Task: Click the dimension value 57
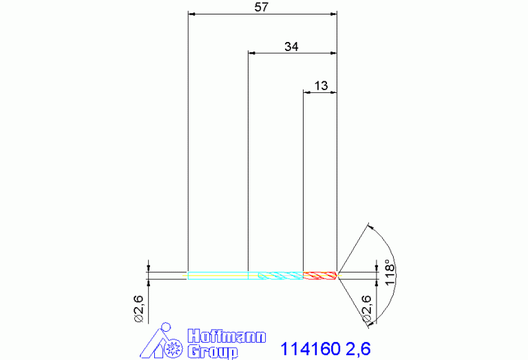(x=262, y=8)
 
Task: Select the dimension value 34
(x=291, y=47)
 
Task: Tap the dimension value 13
(x=321, y=86)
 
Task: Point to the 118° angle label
(x=389, y=273)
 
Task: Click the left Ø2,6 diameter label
(x=139, y=309)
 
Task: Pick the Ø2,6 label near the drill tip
(x=366, y=309)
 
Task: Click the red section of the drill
(x=320, y=275)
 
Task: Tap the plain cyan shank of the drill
(x=218, y=275)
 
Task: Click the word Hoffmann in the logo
(x=226, y=336)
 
